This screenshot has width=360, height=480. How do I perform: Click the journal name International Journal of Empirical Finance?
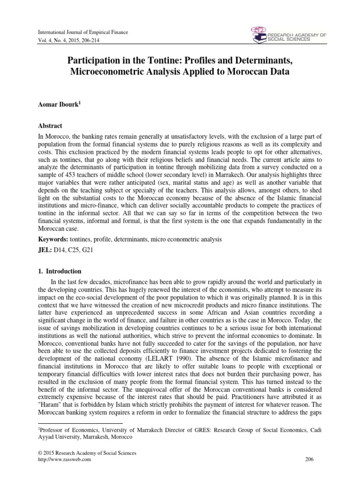pyautogui.click(x=79, y=31)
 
